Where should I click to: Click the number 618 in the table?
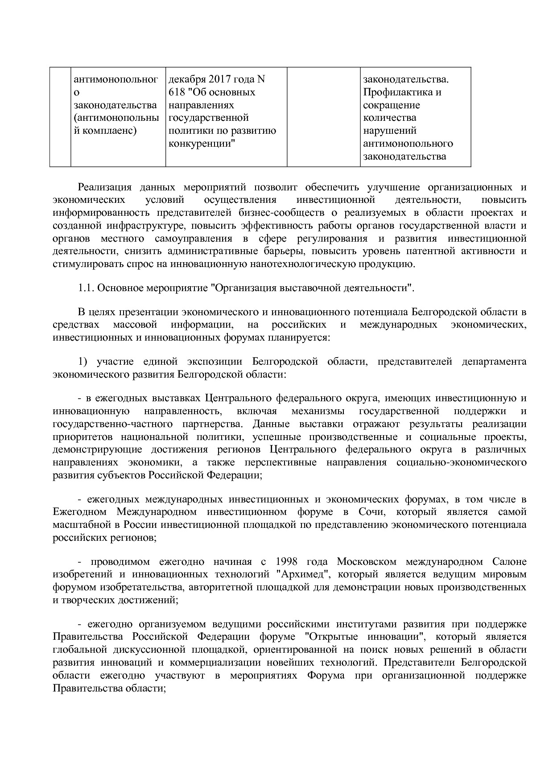(x=177, y=92)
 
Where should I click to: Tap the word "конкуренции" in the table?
(x=202, y=144)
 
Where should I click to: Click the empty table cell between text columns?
(x=323, y=117)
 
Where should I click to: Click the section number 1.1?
(x=86, y=288)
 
